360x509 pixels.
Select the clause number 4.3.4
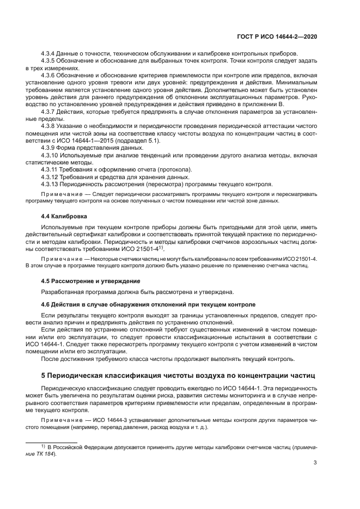[x=50, y=53]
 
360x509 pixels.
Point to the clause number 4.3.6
[x=50, y=75]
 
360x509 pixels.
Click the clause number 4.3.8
[x=50, y=125]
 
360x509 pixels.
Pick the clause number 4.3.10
[x=51, y=155]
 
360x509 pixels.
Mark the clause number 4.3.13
[x=51, y=184]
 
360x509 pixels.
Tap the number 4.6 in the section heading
[x=46, y=304]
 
